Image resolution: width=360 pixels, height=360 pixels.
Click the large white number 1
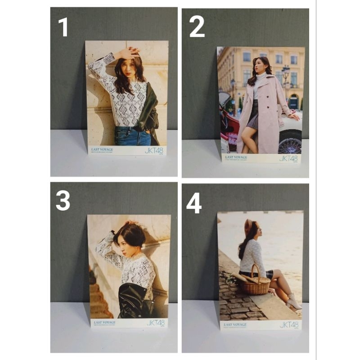tap(63, 27)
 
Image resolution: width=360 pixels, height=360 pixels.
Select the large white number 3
tap(63, 200)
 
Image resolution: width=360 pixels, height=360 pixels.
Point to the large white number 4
tap(194, 204)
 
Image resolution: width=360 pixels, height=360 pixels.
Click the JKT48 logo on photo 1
tap(154, 150)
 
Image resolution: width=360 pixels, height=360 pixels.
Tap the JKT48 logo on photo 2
tap(288, 158)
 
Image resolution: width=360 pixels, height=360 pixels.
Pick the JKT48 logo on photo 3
tap(156, 323)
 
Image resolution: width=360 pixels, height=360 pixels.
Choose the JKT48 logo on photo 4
tap(289, 324)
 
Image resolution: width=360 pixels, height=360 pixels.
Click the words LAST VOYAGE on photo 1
tap(102, 148)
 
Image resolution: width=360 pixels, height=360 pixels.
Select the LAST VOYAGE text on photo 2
tap(236, 157)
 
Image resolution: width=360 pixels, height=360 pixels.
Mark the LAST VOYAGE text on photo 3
tap(105, 322)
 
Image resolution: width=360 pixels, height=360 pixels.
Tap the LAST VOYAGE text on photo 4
tap(234, 324)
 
